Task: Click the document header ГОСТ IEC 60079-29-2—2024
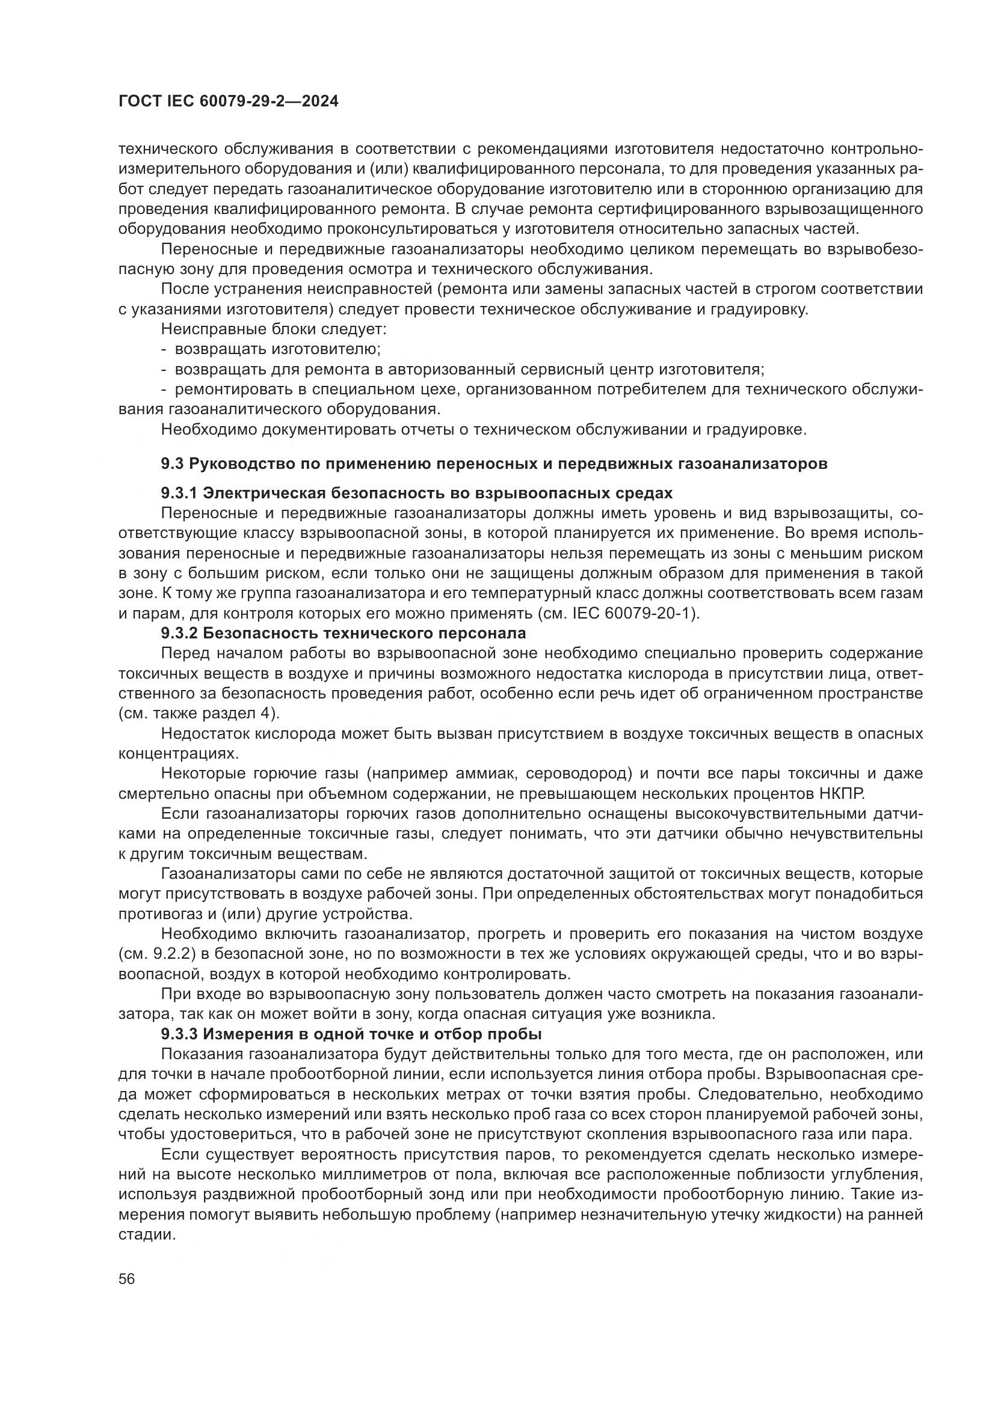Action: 228,102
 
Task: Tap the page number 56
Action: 127,1280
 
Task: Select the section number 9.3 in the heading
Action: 172,464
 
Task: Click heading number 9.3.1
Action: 178,494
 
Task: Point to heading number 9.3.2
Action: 178,632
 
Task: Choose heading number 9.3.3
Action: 178,1035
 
